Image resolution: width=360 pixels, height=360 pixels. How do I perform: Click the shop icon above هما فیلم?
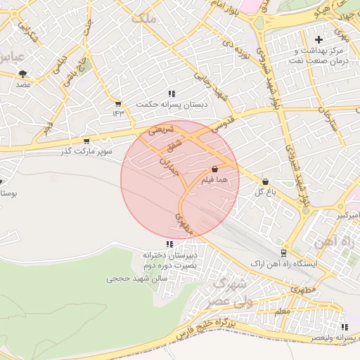tap(214, 169)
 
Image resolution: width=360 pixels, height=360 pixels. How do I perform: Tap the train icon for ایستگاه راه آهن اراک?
tap(283, 252)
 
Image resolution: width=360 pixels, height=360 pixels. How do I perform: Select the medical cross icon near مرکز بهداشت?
tap(319, 39)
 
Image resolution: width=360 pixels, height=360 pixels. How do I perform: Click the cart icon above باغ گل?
tap(265, 181)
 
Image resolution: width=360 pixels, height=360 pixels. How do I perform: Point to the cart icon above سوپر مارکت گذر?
tap(86, 141)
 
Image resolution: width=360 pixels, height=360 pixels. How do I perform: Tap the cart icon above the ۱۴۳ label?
tap(117, 103)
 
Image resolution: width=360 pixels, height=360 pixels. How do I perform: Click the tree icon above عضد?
tap(23, 73)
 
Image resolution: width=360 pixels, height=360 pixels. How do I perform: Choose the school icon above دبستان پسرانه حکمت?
tap(171, 94)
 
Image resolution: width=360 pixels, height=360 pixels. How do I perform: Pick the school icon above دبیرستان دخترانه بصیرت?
tap(169, 244)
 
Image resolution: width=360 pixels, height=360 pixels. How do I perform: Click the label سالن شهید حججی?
tap(135, 278)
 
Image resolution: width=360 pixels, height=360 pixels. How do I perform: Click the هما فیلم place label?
tap(215, 181)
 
